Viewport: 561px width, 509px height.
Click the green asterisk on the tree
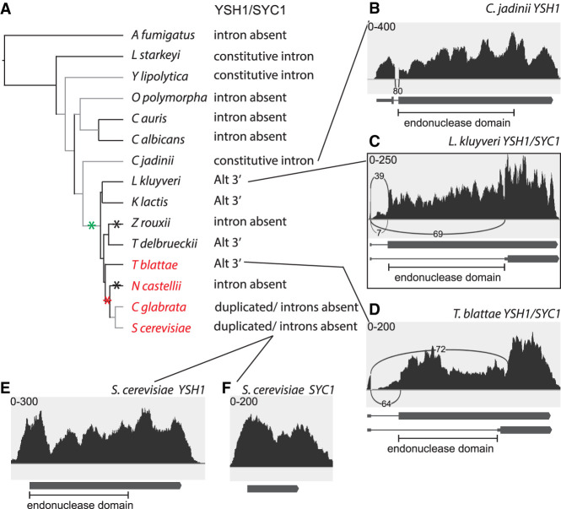click(91, 225)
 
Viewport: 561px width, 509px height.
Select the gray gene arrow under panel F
click(272, 489)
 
